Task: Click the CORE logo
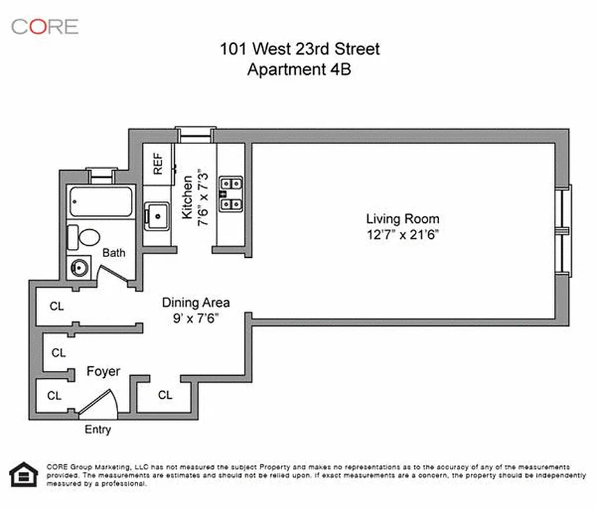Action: (x=44, y=26)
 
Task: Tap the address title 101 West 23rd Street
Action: (x=299, y=48)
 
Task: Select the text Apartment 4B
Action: (x=299, y=69)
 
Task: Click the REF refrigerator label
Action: (x=158, y=164)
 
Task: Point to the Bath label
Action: (x=114, y=253)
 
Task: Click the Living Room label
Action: (x=402, y=219)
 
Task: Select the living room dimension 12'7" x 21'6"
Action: (x=402, y=234)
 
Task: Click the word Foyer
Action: (x=103, y=371)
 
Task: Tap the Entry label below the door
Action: (x=98, y=430)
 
